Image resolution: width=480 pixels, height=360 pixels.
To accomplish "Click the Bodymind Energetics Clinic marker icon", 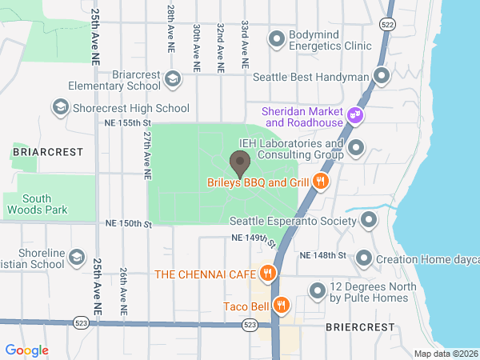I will tap(278, 38).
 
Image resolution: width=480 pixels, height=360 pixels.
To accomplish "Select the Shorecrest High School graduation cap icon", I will tap(60, 107).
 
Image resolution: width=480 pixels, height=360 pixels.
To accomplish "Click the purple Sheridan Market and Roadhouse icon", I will tap(355, 118).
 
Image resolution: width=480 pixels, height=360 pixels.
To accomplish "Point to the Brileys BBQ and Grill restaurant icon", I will tap(320, 182).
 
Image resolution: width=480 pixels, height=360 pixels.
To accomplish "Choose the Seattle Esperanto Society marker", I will tap(369, 220).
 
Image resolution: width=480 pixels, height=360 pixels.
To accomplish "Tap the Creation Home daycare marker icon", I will tap(364, 258).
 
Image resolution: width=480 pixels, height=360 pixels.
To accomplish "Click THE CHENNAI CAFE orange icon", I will tap(267, 274).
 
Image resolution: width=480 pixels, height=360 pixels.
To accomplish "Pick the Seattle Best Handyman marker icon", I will tap(382, 77).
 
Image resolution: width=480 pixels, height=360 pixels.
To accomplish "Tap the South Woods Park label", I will tap(38, 205).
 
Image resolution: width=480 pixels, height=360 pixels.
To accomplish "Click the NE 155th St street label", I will tap(128, 123).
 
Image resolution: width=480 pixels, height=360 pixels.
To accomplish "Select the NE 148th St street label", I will tap(322, 255).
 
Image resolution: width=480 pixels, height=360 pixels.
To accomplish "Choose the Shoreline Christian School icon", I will tap(76, 258).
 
